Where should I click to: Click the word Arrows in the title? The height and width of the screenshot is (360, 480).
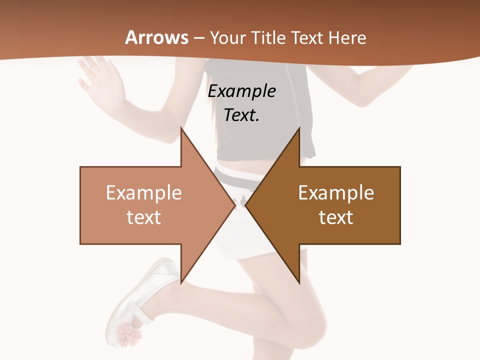[157, 37]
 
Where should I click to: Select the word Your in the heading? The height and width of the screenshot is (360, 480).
[226, 38]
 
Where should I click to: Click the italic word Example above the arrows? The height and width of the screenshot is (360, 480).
[242, 91]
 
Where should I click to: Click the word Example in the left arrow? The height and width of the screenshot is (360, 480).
[144, 192]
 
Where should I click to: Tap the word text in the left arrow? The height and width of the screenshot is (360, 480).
[144, 217]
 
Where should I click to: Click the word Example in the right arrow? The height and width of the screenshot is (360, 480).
[336, 192]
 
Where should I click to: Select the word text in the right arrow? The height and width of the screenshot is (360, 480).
[336, 217]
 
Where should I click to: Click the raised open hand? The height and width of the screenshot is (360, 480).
[100, 80]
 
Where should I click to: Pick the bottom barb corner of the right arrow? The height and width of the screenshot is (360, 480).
[299, 282]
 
